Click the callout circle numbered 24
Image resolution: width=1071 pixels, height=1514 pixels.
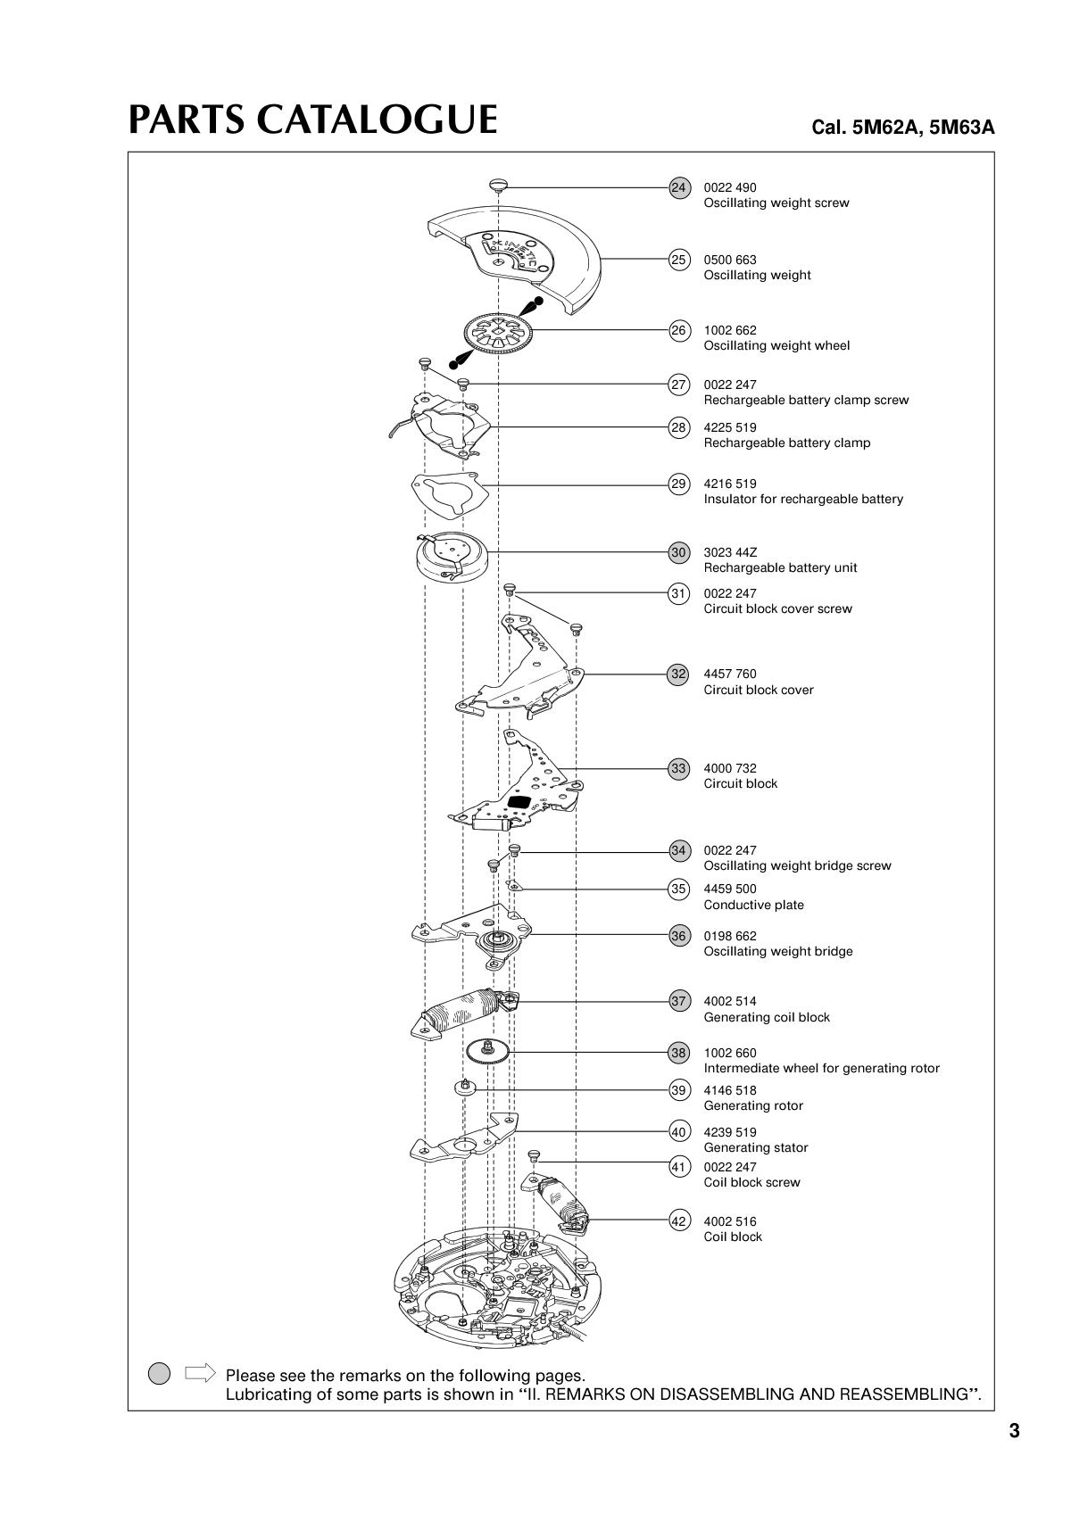[x=678, y=188]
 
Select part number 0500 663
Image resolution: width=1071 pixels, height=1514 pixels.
[x=729, y=260]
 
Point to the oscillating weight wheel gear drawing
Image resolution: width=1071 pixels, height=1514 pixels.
[x=498, y=333]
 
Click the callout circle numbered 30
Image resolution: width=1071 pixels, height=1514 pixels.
[x=678, y=552]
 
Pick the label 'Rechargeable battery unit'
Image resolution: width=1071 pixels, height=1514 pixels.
[x=780, y=567]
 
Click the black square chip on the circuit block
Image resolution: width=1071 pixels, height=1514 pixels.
[x=519, y=802]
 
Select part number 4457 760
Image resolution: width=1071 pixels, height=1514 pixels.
[x=729, y=674]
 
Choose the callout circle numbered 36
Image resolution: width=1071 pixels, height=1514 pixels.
[x=678, y=936]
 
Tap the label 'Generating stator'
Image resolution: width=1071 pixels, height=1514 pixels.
[x=755, y=1147]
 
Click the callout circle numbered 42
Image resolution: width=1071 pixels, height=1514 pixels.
[x=678, y=1220]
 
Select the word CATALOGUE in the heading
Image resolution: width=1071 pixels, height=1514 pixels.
[x=377, y=120]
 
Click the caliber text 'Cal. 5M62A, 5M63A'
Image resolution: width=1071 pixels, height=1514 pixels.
[x=902, y=127]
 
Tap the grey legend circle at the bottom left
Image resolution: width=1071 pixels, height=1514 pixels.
[x=159, y=1373]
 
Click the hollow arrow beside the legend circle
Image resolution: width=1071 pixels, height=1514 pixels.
[x=199, y=1372]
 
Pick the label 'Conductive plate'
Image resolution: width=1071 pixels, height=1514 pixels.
[x=753, y=905]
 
